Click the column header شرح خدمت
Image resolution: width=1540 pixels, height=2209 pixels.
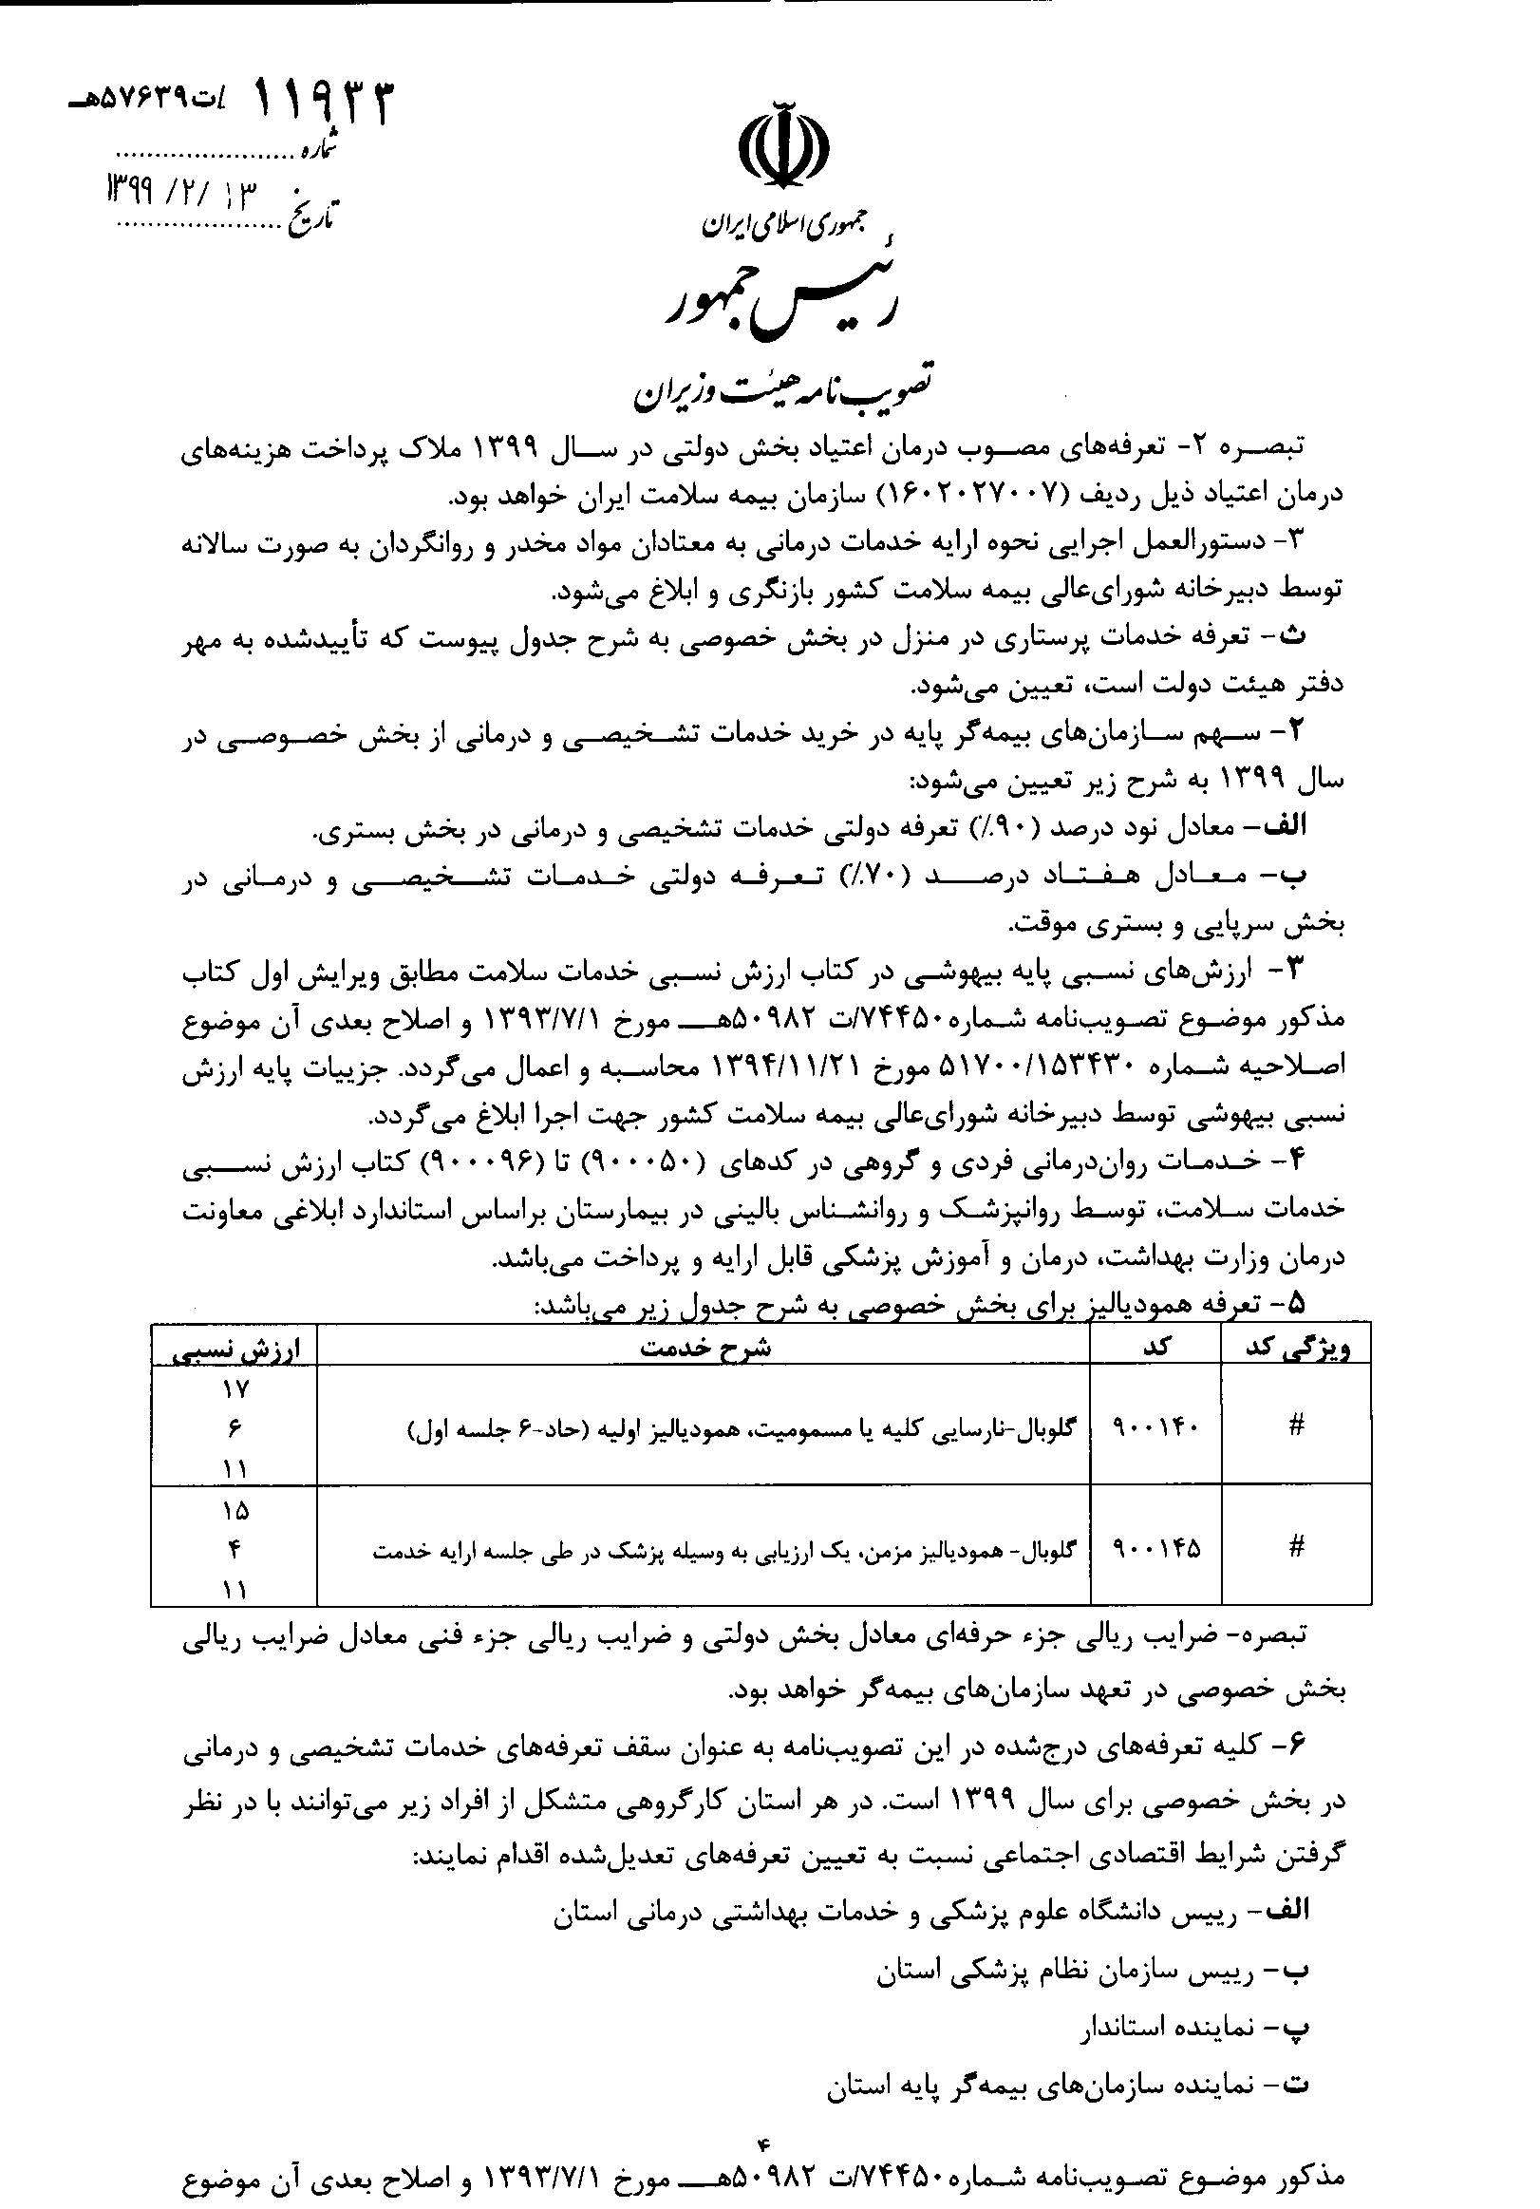[705, 1347]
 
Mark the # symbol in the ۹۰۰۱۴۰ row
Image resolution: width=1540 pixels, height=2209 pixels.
[1296, 1425]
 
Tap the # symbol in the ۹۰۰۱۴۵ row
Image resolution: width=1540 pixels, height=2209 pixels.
[1296, 1547]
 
